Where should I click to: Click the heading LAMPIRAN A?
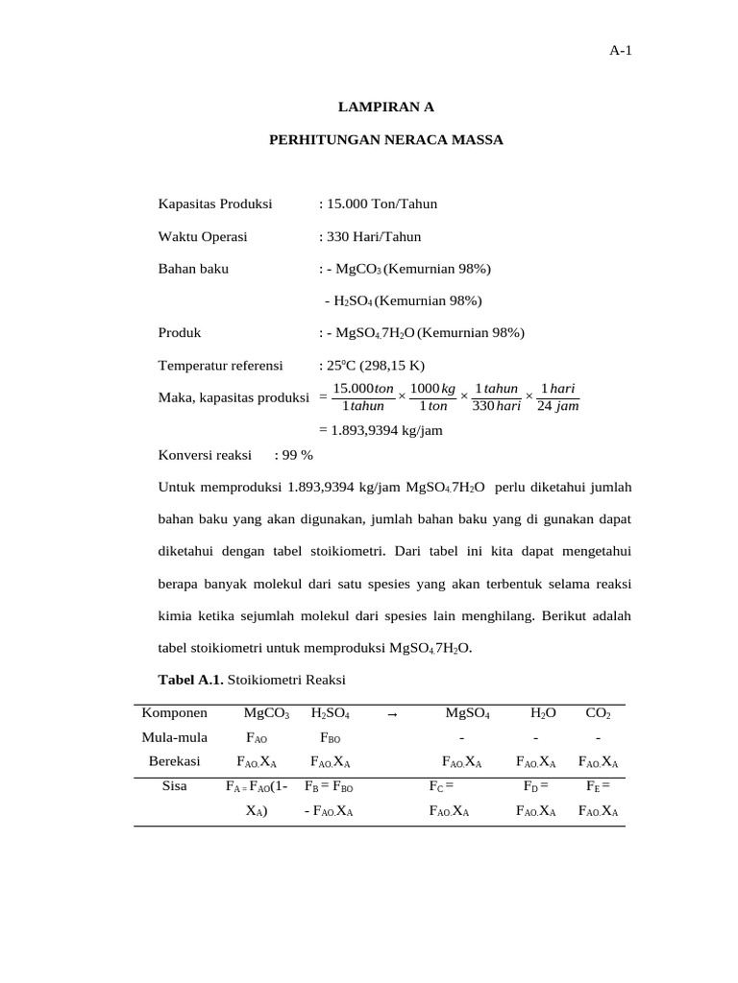(383, 108)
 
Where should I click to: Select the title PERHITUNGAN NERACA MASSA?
(384, 140)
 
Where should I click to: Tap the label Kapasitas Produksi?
(215, 204)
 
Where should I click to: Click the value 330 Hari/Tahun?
(374, 236)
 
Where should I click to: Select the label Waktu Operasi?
(203, 236)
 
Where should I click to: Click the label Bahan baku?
(193, 269)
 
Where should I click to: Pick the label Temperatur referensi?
(220, 366)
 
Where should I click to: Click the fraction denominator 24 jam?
(557, 406)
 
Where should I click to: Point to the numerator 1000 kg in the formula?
(432, 389)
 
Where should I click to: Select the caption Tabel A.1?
(190, 680)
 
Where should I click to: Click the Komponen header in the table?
(174, 713)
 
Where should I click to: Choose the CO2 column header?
(598, 714)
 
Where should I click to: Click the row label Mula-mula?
(174, 737)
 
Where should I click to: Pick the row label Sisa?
(174, 785)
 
